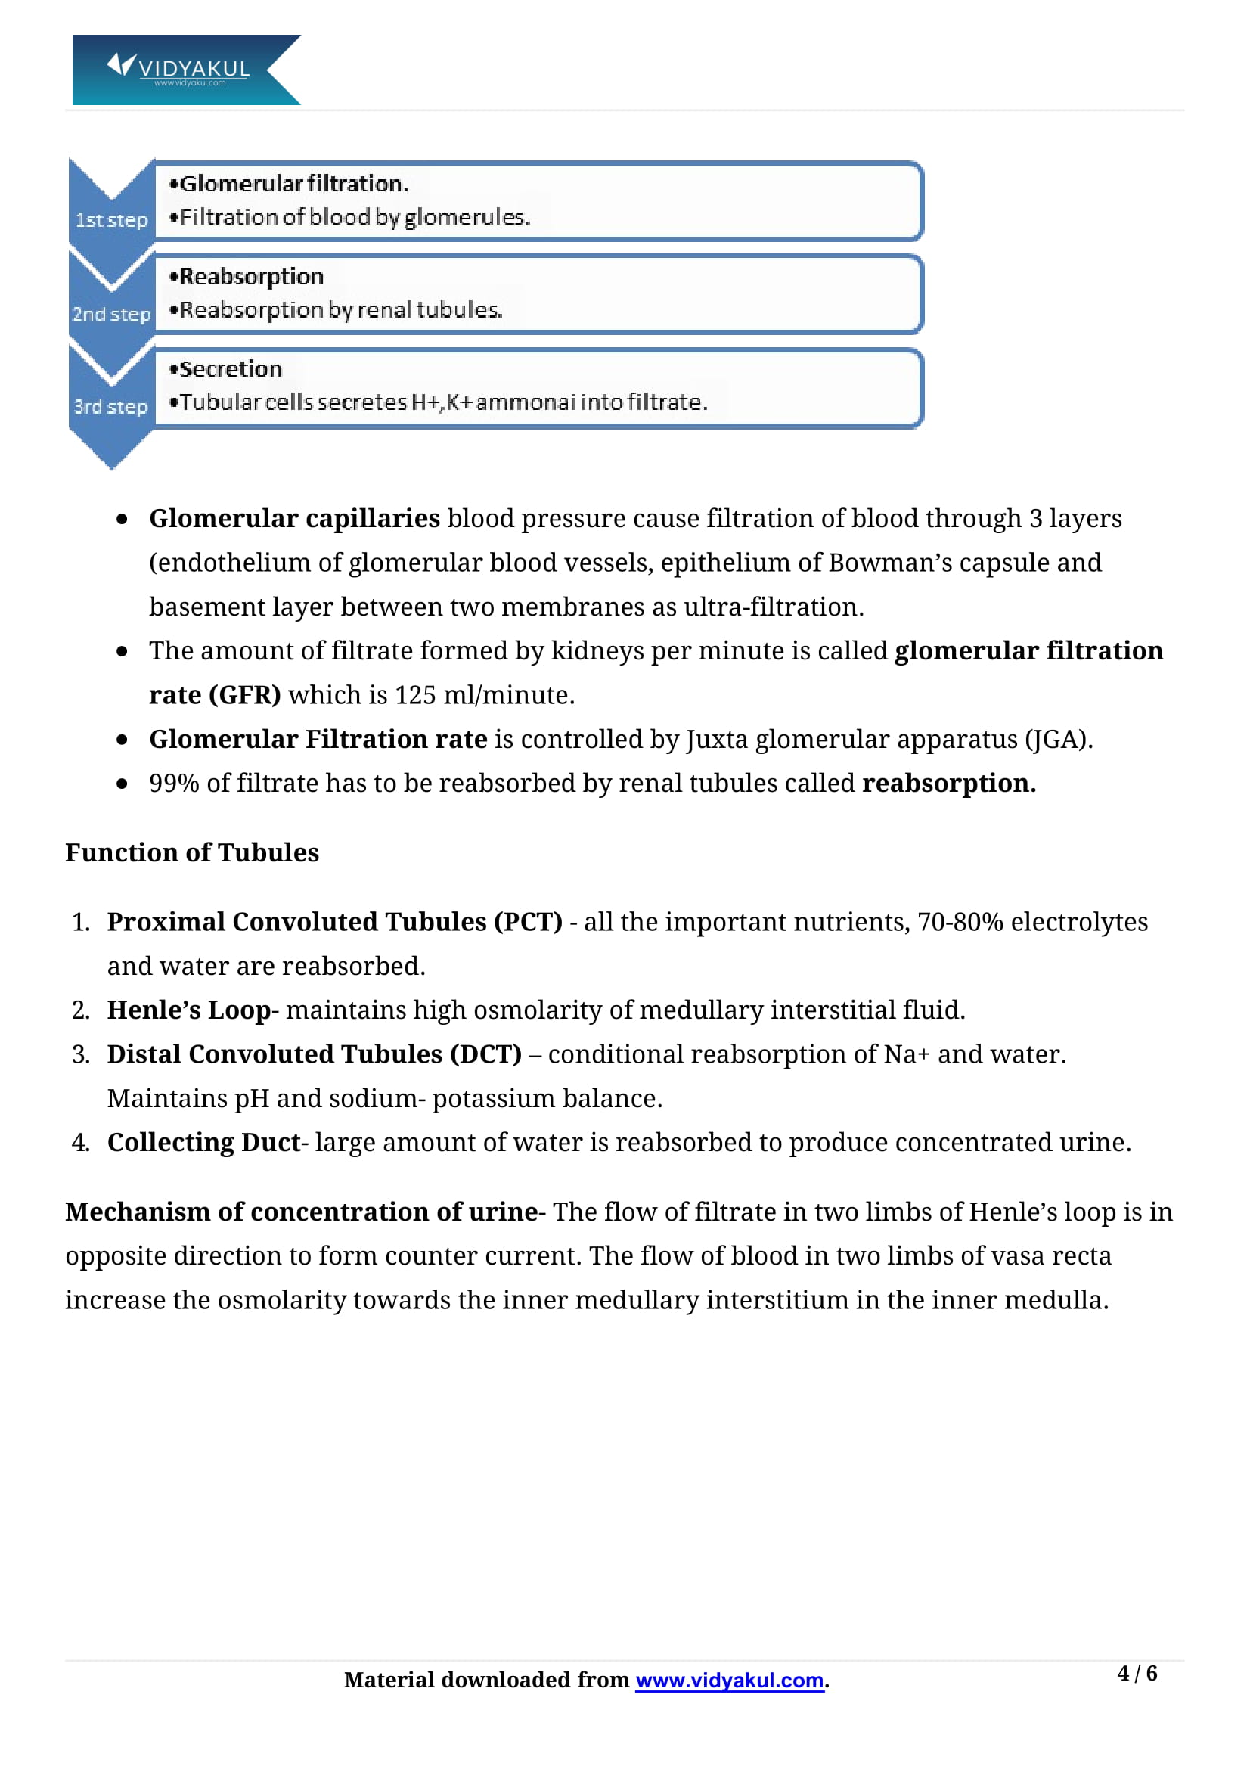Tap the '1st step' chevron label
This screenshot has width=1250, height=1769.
coord(111,220)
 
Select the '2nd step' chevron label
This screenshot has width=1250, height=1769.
coord(111,315)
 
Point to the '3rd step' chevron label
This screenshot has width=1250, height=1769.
coord(110,407)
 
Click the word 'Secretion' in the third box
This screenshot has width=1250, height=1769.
coord(231,369)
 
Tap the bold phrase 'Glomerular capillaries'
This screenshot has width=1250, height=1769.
coord(294,519)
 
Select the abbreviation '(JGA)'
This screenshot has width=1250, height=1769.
coord(1057,739)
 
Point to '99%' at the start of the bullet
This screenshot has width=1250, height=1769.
coord(174,783)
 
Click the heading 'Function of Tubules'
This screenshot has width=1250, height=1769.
coord(192,852)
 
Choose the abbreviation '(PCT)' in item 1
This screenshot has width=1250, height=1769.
coord(528,921)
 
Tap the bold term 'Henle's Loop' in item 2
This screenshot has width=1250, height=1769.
coord(189,1010)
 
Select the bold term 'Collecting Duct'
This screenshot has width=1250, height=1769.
coord(203,1142)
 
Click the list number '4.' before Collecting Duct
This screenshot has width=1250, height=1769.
coord(81,1142)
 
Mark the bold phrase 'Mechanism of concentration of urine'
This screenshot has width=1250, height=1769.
coord(301,1211)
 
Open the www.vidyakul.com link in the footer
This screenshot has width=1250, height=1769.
coord(730,1680)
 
